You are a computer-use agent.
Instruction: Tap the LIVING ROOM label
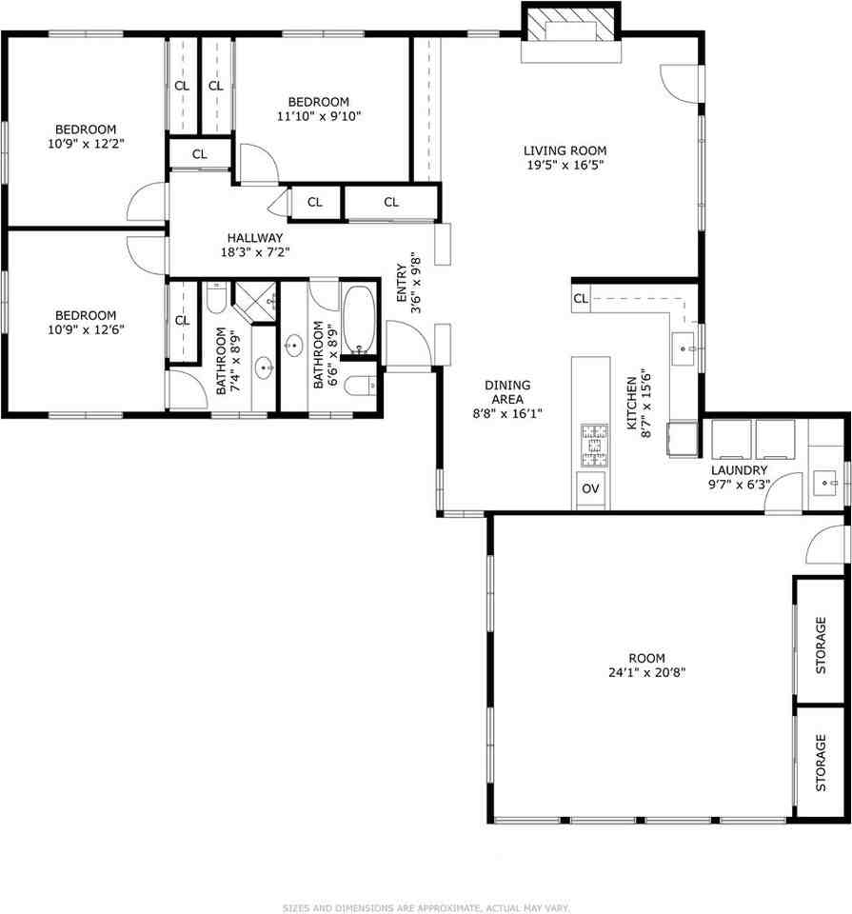(x=565, y=150)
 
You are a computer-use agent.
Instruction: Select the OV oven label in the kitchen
(x=590, y=488)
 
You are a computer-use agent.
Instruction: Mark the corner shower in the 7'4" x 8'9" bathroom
(x=254, y=301)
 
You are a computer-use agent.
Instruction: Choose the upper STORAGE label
(x=821, y=645)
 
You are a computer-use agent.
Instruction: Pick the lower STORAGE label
(x=821, y=762)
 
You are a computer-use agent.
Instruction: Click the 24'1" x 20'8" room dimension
(x=645, y=671)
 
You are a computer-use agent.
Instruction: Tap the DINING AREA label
(x=507, y=392)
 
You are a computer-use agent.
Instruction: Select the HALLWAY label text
(x=254, y=238)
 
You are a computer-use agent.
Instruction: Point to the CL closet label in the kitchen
(x=580, y=299)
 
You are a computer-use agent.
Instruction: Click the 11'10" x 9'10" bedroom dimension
(x=319, y=116)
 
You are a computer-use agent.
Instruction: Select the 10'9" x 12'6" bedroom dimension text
(x=85, y=329)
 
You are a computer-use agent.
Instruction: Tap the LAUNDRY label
(x=739, y=470)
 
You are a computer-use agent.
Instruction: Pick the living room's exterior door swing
(x=682, y=85)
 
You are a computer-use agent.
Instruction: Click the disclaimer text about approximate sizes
(x=426, y=907)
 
